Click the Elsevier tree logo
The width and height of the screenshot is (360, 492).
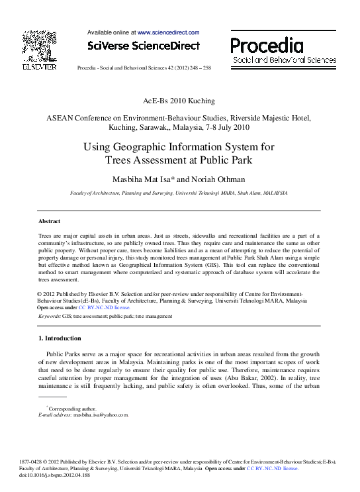40,46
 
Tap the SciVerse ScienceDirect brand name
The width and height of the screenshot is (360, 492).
144,46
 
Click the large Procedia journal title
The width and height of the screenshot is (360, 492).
267,45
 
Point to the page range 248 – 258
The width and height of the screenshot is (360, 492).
197,68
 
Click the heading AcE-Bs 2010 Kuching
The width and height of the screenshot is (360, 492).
179,101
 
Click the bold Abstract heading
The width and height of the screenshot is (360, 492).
49,221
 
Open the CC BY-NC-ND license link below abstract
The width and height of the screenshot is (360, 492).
105,307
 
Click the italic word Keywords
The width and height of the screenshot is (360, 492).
49,317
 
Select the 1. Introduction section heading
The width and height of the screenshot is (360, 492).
60,338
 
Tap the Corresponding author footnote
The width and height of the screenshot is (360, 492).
71,409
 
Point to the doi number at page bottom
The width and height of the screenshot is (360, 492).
64,474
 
